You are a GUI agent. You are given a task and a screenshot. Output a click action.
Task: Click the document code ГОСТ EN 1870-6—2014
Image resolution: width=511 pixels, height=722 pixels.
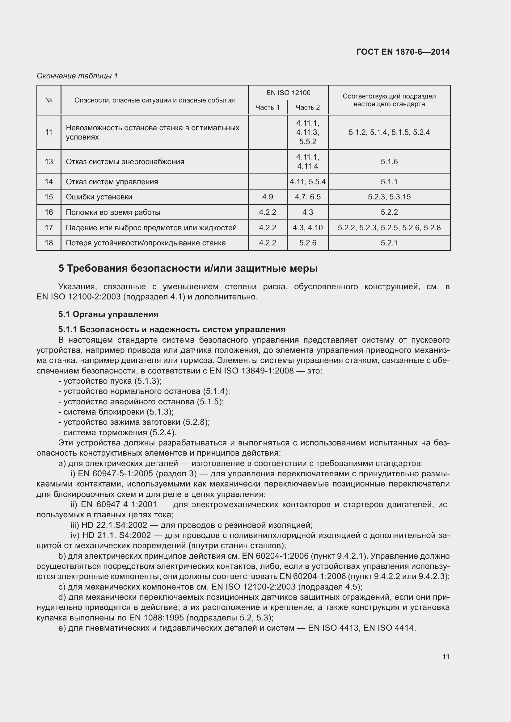[403, 52]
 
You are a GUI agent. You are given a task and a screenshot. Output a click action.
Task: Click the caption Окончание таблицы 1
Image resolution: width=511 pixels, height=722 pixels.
[77, 76]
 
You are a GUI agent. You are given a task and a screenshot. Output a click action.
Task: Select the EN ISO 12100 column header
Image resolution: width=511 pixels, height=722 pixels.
[288, 93]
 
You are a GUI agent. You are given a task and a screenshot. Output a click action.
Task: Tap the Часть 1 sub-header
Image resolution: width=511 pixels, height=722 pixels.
[268, 107]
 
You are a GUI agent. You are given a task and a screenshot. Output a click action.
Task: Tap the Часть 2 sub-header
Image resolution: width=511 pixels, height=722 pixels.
[307, 107]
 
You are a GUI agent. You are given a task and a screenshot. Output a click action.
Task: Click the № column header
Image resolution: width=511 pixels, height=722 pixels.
[49, 100]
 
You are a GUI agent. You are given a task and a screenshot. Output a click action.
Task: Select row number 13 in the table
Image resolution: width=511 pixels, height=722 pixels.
[49, 162]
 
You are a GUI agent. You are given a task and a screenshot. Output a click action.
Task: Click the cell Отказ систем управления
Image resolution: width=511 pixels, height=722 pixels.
[112, 182]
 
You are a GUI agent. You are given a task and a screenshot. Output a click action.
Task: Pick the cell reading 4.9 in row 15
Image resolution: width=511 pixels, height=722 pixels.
[268, 197]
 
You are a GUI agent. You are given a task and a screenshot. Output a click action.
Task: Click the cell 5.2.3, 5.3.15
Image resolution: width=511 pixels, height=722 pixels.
[389, 197]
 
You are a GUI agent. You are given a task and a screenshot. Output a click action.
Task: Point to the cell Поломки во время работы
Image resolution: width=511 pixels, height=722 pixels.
[113, 212]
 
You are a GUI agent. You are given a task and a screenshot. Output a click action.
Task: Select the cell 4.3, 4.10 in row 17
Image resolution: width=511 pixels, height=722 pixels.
[307, 228]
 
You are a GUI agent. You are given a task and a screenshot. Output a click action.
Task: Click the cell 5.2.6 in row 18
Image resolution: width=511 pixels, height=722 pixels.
[307, 243]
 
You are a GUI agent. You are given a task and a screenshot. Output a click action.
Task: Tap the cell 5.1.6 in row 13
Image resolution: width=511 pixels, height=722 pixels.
[389, 162]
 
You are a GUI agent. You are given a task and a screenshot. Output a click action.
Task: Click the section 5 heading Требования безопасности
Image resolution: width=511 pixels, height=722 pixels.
[188, 269]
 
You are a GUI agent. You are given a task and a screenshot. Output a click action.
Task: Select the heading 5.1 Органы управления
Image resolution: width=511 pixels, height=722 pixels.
[108, 314]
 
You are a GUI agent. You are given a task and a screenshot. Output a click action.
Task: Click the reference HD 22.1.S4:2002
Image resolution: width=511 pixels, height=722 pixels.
[114, 525]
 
